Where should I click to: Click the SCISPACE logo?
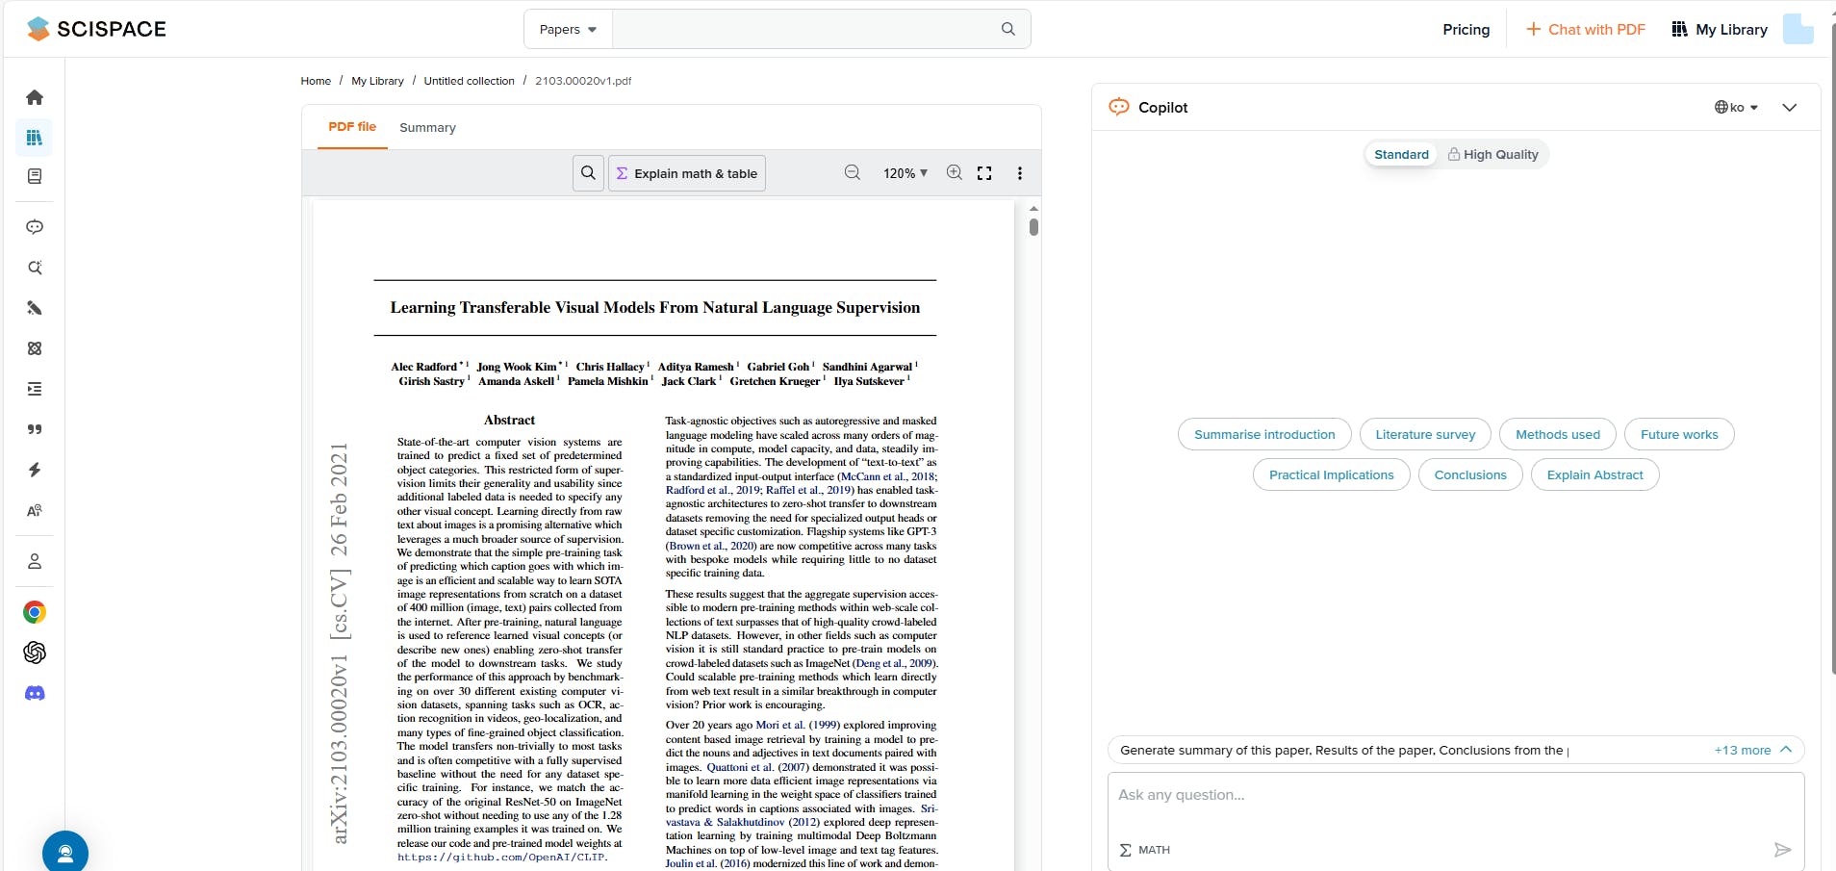(96, 29)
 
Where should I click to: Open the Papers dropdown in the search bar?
(568, 30)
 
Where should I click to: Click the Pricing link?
(1466, 30)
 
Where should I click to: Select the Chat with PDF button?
(1586, 30)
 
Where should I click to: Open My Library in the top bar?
(1720, 30)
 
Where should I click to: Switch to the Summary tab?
(427, 128)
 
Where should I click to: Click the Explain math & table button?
(687, 174)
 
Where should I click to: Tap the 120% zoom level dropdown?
(905, 173)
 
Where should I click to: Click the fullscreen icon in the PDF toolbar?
(984, 173)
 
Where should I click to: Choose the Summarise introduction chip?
(1264, 435)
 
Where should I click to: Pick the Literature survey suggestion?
(1425, 435)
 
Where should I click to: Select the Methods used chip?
(1558, 435)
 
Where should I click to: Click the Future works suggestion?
(1679, 435)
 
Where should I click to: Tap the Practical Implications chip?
(1331, 475)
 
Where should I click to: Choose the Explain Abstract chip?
(1594, 475)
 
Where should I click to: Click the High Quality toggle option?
(1493, 155)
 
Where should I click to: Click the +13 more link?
(1743, 751)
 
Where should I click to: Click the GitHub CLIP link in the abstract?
(501, 858)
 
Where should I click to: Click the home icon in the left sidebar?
(35, 97)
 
